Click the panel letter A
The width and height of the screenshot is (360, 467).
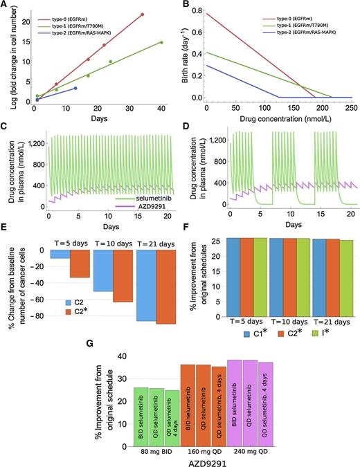6,6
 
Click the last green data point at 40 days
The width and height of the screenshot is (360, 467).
161,43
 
